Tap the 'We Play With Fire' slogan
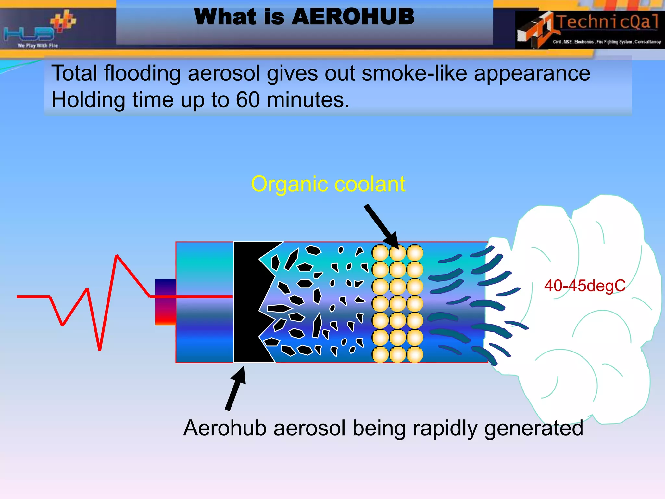click(38, 46)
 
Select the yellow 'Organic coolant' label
click(328, 184)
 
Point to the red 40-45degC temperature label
click(585, 286)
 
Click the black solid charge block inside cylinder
click(247, 302)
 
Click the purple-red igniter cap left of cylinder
click(165, 302)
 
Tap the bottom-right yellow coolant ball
click(415, 354)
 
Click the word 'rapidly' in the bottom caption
click(445, 428)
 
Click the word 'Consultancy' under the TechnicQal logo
click(647, 42)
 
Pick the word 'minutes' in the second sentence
click(308, 100)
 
